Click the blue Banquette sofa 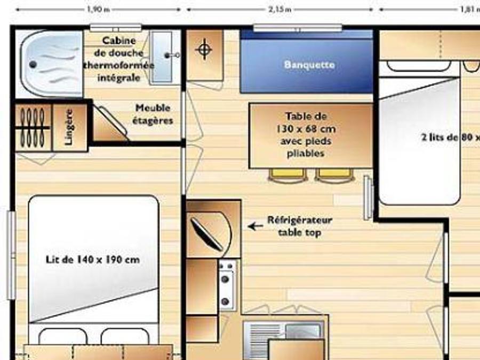point(307,61)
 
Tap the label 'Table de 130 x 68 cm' point(306,123)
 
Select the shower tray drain point(33,65)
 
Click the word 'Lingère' point(69,127)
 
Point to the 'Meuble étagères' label point(153,114)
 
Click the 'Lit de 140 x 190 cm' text point(93,260)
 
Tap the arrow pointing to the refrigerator point(255,227)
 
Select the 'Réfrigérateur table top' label point(300,226)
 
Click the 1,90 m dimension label point(98,9)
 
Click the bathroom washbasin point(162,57)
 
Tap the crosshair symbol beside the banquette point(204,49)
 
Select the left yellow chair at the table point(288,175)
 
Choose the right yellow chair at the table point(334,175)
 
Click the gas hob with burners point(227,285)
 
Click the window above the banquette point(298,28)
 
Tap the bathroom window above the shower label point(116,28)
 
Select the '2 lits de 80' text point(451,137)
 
